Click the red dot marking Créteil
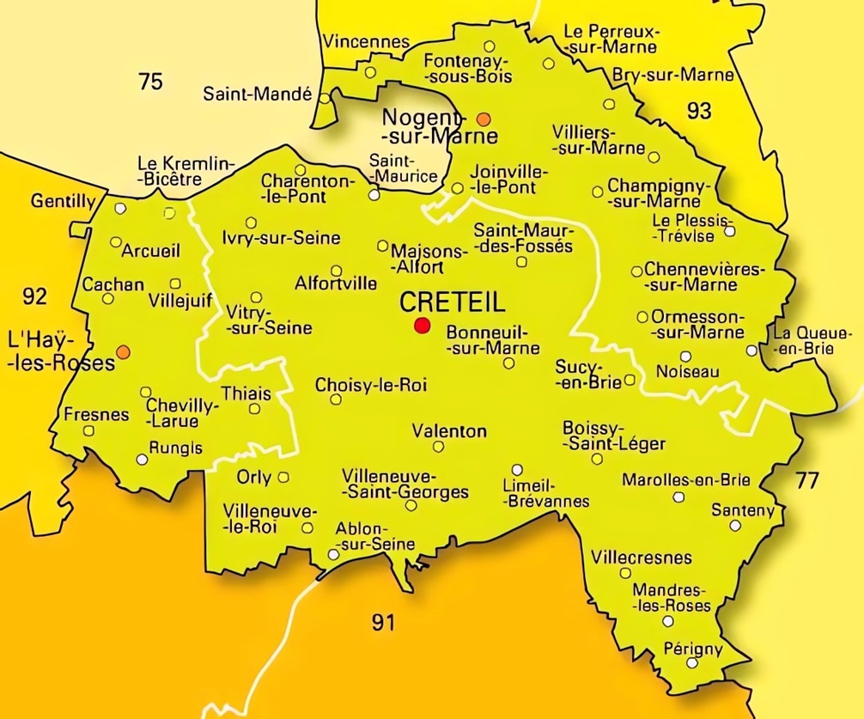point(422,325)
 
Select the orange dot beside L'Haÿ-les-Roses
point(124,351)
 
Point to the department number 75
point(150,82)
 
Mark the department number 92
point(34,297)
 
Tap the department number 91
point(384,622)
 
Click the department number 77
point(806,480)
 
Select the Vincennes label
point(366,41)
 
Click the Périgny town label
point(694,649)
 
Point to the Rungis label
point(176,448)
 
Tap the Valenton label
point(449,431)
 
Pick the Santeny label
point(743,509)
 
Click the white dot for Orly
point(283,478)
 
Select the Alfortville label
point(335,282)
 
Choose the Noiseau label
point(687,372)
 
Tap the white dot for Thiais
point(254,408)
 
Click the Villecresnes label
point(642,558)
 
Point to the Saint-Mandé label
point(257,94)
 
